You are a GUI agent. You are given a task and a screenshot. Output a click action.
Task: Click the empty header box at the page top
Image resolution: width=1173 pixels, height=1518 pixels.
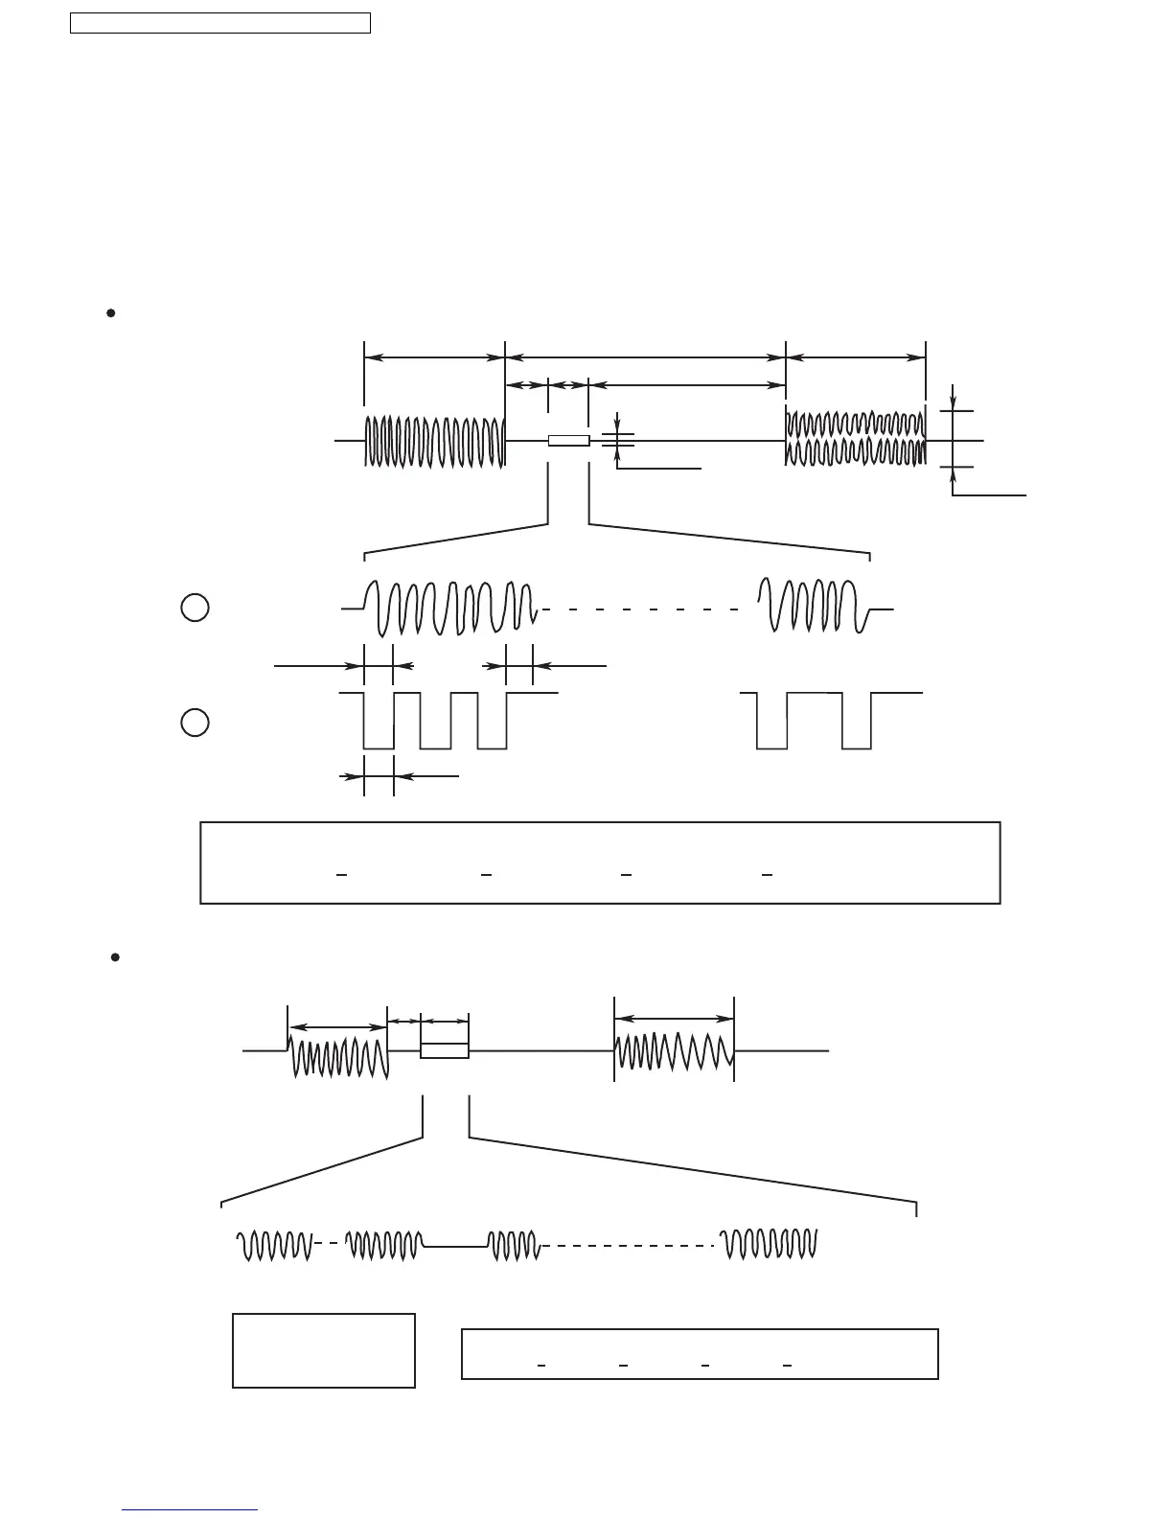point(219,23)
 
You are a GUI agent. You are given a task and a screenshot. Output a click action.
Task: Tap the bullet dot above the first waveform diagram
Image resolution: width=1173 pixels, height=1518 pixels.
point(111,312)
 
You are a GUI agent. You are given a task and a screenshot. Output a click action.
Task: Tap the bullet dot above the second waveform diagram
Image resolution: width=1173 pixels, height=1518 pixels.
point(114,957)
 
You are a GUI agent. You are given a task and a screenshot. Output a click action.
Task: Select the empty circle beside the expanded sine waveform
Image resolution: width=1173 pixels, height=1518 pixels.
point(195,608)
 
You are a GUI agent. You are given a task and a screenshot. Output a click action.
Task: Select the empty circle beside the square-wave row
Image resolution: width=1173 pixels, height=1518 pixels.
point(195,723)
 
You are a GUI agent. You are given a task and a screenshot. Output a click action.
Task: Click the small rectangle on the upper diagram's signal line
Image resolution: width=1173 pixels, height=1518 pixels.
point(568,441)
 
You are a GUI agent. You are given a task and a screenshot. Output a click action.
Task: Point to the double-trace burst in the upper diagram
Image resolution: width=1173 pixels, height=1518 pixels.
point(855,437)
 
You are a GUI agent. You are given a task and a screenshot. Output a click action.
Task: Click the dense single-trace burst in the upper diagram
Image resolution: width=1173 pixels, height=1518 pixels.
point(434,442)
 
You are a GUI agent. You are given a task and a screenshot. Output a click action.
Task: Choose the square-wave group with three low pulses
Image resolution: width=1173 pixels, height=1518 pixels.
point(436,720)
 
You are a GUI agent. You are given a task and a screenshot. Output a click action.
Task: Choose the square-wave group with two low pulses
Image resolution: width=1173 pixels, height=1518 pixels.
point(815,720)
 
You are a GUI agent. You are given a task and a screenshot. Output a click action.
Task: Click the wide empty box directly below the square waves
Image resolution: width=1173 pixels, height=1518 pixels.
point(600,862)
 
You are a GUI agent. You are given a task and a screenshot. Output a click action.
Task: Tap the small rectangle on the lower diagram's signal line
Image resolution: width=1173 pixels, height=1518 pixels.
point(445,1051)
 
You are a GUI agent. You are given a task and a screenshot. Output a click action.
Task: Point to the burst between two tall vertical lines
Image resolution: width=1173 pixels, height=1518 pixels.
point(674,1051)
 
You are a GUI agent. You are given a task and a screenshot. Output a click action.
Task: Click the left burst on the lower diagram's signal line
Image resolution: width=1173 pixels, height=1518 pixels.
point(339,1054)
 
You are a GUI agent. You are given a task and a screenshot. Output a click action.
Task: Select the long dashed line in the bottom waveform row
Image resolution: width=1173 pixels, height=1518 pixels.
point(629,1246)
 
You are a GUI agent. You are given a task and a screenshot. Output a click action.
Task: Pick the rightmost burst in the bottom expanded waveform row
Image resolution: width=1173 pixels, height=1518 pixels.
point(770,1245)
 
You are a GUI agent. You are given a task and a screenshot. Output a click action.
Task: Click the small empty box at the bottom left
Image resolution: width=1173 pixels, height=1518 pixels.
point(324,1350)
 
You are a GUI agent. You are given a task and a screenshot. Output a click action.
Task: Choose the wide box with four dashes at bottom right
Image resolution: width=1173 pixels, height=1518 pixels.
point(700,1354)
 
